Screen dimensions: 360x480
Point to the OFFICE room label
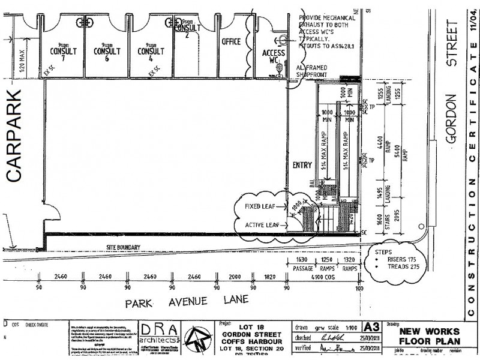pos(231,41)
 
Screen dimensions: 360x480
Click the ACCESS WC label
pos(273,56)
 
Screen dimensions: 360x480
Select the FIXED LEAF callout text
pos(261,206)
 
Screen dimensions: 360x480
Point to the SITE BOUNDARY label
pos(123,247)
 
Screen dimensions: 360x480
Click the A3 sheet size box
pos(371,327)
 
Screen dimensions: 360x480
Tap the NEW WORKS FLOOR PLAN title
pos(430,336)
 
